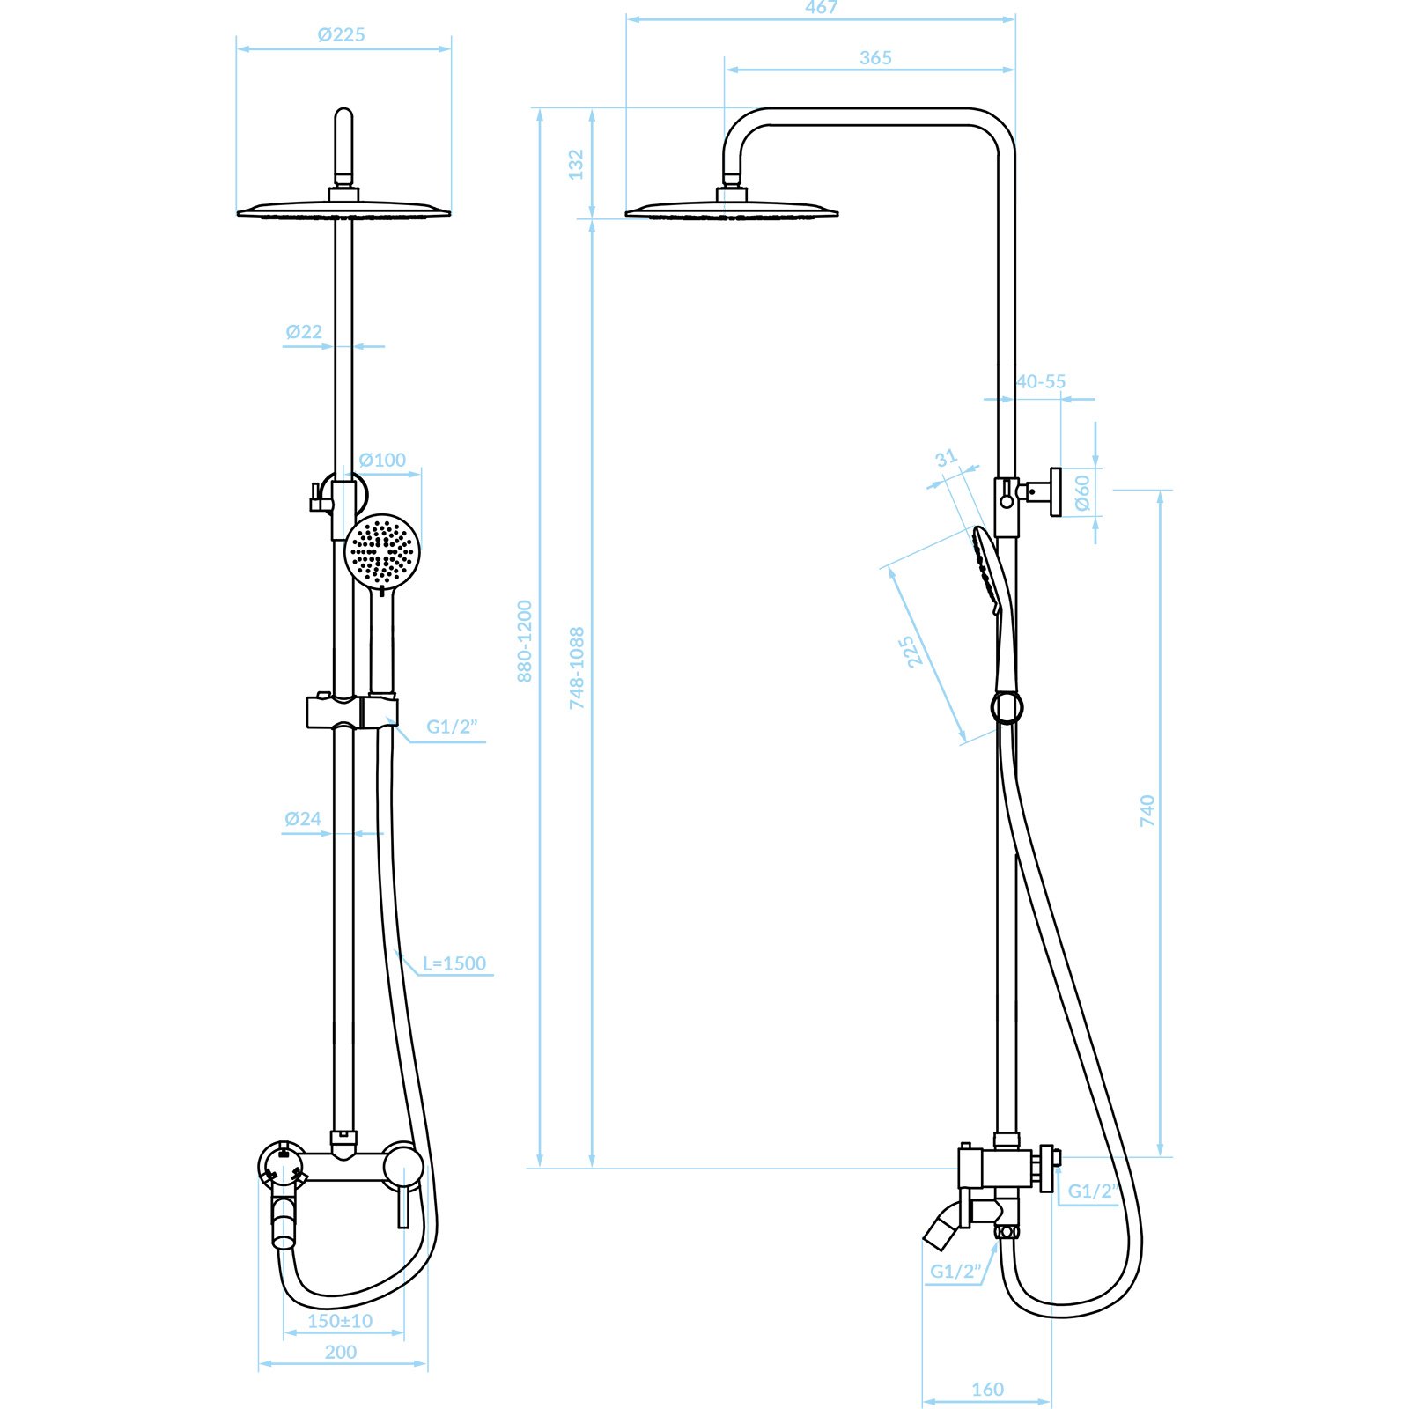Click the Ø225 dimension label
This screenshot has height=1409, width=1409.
point(341,35)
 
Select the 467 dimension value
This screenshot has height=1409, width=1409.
point(822,7)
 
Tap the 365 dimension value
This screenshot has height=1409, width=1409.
point(875,58)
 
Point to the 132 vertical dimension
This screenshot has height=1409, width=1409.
point(576,164)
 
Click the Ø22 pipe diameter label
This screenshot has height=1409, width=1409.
point(304,332)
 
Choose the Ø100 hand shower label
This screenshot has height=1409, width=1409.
point(382,460)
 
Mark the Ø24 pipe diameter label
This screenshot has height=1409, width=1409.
point(303,819)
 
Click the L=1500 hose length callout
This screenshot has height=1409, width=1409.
point(454,963)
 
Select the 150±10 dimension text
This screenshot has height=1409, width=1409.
point(340,1321)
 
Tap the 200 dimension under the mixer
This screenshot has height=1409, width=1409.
point(341,1352)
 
